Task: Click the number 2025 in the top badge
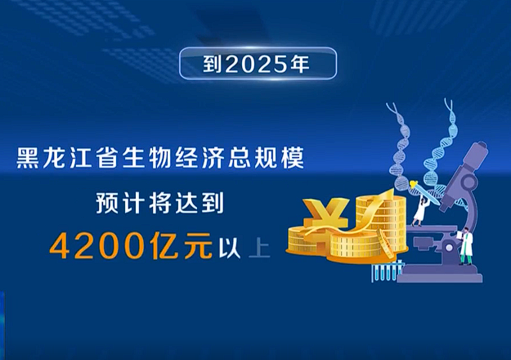click(255, 64)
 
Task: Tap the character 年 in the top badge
click(299, 64)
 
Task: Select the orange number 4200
click(97, 245)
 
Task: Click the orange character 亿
click(165, 245)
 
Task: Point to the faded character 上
click(259, 249)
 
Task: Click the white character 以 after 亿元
click(230, 249)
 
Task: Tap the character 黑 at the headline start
click(28, 158)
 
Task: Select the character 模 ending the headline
click(293, 158)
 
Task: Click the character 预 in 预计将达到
click(107, 203)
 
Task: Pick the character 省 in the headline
click(107, 158)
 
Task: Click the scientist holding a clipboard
click(466, 246)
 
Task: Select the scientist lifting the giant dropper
click(420, 212)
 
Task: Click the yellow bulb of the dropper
click(414, 185)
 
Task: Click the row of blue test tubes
click(388, 272)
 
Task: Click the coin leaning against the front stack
click(386, 244)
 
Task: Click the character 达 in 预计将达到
click(186, 203)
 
